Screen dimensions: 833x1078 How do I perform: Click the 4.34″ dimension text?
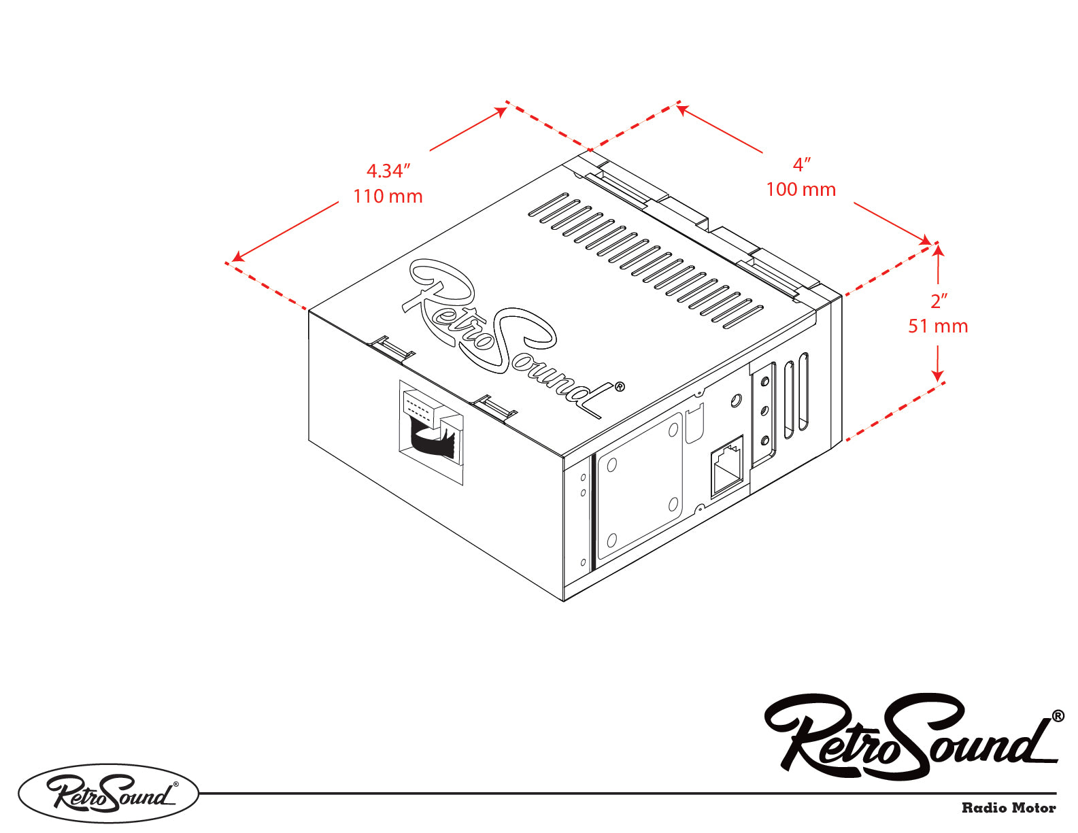pyautogui.click(x=388, y=171)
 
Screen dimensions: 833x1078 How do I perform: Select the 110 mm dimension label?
pyautogui.click(x=388, y=197)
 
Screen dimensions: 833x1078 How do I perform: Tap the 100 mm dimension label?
pyautogui.click(x=801, y=190)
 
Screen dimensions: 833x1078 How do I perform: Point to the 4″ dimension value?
pyautogui.click(x=802, y=165)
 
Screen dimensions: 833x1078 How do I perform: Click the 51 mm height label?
pyautogui.click(x=938, y=326)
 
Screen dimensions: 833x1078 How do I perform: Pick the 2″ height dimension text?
pyautogui.click(x=939, y=301)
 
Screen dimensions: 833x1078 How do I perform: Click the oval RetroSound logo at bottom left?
pyautogui.click(x=109, y=794)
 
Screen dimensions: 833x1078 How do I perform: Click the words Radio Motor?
pyautogui.click(x=1008, y=808)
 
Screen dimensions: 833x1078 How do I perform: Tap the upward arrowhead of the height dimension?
pyautogui.click(x=938, y=250)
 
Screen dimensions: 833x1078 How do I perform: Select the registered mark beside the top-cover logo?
pyautogui.click(x=619, y=387)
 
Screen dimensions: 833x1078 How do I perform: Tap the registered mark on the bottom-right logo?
pyautogui.click(x=1058, y=715)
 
